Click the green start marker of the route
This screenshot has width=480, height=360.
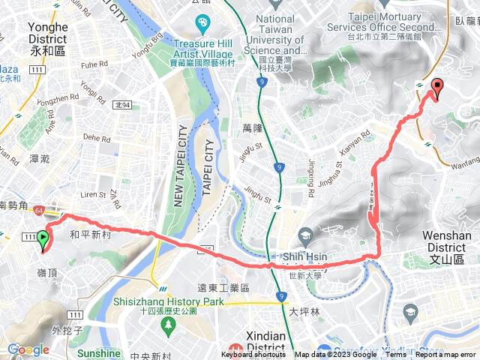coord(43,240)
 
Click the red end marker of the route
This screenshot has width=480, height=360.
coord(437,87)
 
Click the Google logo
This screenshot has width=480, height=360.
coord(28,349)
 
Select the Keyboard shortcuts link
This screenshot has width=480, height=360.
coord(253,355)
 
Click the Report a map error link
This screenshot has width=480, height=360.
coord(448,355)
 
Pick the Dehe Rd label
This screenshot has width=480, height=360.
coord(97,137)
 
